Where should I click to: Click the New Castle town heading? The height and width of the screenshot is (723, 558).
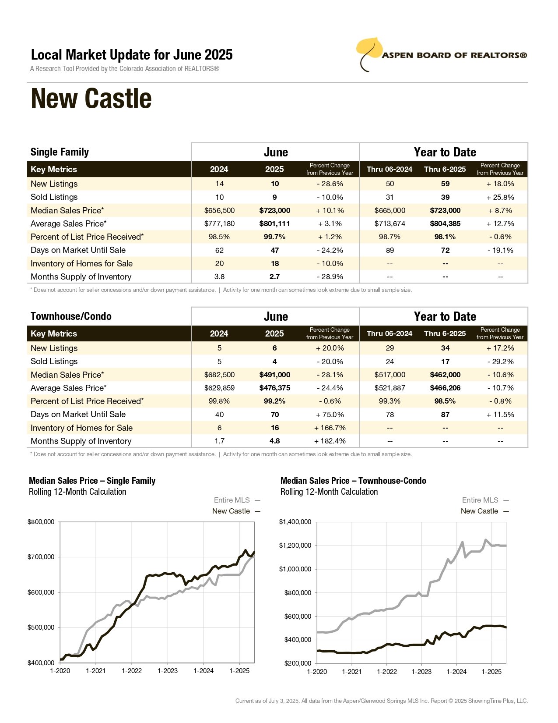(x=91, y=98)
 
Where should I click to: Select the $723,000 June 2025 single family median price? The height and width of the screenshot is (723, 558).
(x=274, y=210)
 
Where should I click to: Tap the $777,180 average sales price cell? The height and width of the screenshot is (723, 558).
(x=219, y=223)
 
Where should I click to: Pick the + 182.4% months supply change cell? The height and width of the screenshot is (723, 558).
(x=330, y=441)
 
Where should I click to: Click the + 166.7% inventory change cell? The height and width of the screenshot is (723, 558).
(x=330, y=428)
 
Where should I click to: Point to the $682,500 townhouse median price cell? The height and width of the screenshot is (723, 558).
(x=219, y=375)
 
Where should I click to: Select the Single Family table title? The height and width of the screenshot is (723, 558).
(x=60, y=152)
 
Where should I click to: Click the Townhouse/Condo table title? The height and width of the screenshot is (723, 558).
(x=71, y=316)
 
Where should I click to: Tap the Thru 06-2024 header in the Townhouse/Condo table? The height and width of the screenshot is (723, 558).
(x=390, y=333)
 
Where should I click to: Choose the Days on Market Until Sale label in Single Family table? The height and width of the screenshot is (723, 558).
(x=78, y=250)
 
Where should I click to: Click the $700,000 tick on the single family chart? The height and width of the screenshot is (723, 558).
(x=41, y=557)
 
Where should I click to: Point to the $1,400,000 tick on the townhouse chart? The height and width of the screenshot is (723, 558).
(x=295, y=522)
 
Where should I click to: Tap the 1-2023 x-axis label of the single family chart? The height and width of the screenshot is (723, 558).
(x=168, y=671)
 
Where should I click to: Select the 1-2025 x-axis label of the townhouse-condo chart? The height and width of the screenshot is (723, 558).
(x=491, y=671)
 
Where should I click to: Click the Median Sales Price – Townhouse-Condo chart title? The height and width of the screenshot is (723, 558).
(x=353, y=480)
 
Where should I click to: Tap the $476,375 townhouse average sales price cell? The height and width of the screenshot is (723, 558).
(x=274, y=388)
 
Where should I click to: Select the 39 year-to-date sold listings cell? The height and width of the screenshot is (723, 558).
(x=445, y=197)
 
